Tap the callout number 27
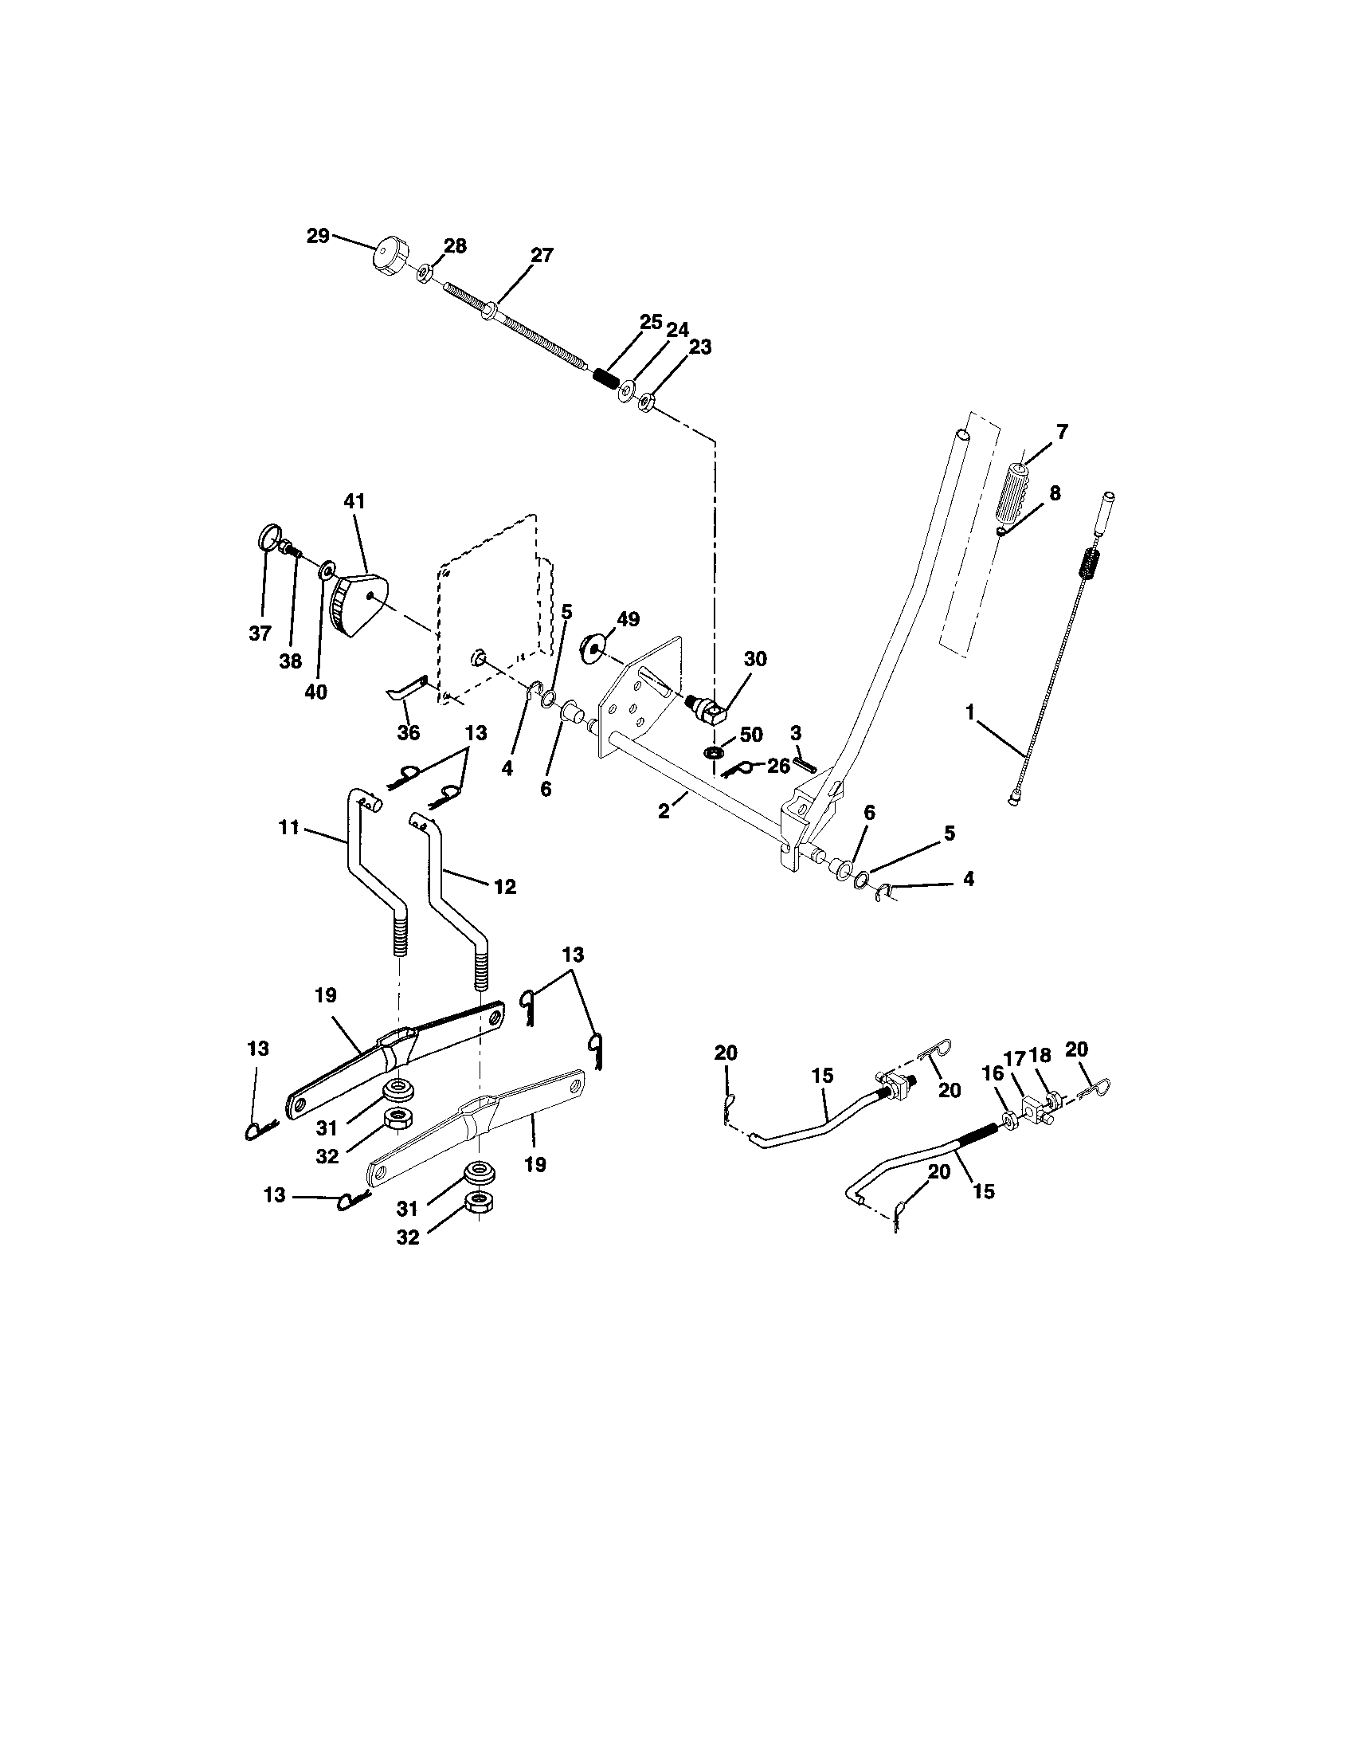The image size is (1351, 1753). pyautogui.click(x=542, y=255)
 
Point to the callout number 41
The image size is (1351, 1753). pyautogui.click(x=354, y=501)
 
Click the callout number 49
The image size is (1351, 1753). pyautogui.click(x=629, y=619)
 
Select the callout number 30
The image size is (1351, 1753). pyautogui.click(x=755, y=659)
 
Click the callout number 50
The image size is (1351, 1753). pyautogui.click(x=750, y=735)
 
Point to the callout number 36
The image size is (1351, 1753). pyautogui.click(x=409, y=733)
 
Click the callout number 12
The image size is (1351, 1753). pyautogui.click(x=504, y=886)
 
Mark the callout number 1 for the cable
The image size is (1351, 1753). pyautogui.click(x=970, y=712)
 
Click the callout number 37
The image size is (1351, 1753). pyautogui.click(x=259, y=633)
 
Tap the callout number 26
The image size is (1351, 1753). pyautogui.click(x=778, y=766)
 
